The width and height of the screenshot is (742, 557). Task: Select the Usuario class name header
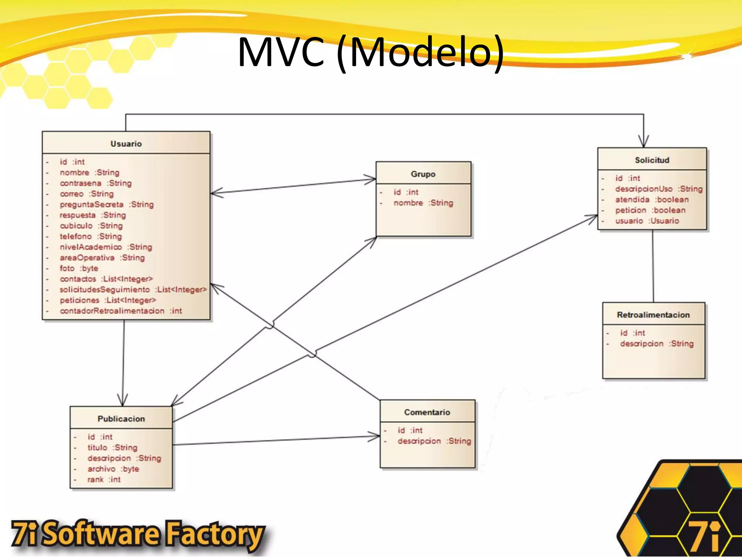(126, 144)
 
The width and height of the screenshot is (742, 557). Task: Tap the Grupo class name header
(423, 174)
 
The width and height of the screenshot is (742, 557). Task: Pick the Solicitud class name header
(652, 160)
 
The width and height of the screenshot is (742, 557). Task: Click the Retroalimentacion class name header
(653, 315)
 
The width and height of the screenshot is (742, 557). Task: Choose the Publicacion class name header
(121, 419)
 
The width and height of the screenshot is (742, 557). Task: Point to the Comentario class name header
(427, 412)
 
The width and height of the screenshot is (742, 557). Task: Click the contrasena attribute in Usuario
(96, 183)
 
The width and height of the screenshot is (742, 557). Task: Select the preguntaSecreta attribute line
(107, 205)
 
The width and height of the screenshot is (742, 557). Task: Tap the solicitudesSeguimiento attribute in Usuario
(133, 289)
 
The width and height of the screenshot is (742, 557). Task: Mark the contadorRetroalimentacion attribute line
(121, 311)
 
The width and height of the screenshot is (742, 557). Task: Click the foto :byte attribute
(79, 268)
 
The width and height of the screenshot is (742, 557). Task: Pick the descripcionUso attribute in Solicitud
(658, 189)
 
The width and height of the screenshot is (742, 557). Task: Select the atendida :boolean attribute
(651, 199)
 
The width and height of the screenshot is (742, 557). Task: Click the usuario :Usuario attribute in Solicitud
(647, 221)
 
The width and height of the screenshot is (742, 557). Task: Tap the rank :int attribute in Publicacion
(104, 479)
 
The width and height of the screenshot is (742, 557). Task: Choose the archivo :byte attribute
(113, 469)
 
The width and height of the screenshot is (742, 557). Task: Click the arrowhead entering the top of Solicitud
(643, 143)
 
